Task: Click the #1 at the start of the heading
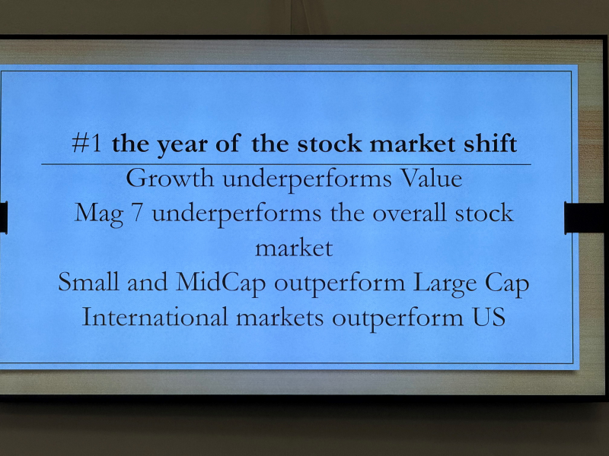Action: coord(87,143)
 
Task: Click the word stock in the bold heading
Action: coord(330,143)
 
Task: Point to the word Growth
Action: coord(170,179)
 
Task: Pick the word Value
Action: coord(431,179)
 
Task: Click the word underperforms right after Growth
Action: coord(307,180)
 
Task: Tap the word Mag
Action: coord(99,214)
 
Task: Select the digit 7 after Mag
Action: coord(137,214)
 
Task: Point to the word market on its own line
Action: coord(294,249)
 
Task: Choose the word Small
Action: coord(88,281)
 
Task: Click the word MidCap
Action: coord(221,283)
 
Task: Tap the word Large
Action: coord(445,283)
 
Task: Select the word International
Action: coord(155,316)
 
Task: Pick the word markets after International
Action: coord(279,317)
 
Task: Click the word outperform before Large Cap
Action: coord(340,283)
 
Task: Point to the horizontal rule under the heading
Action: coord(286,164)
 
